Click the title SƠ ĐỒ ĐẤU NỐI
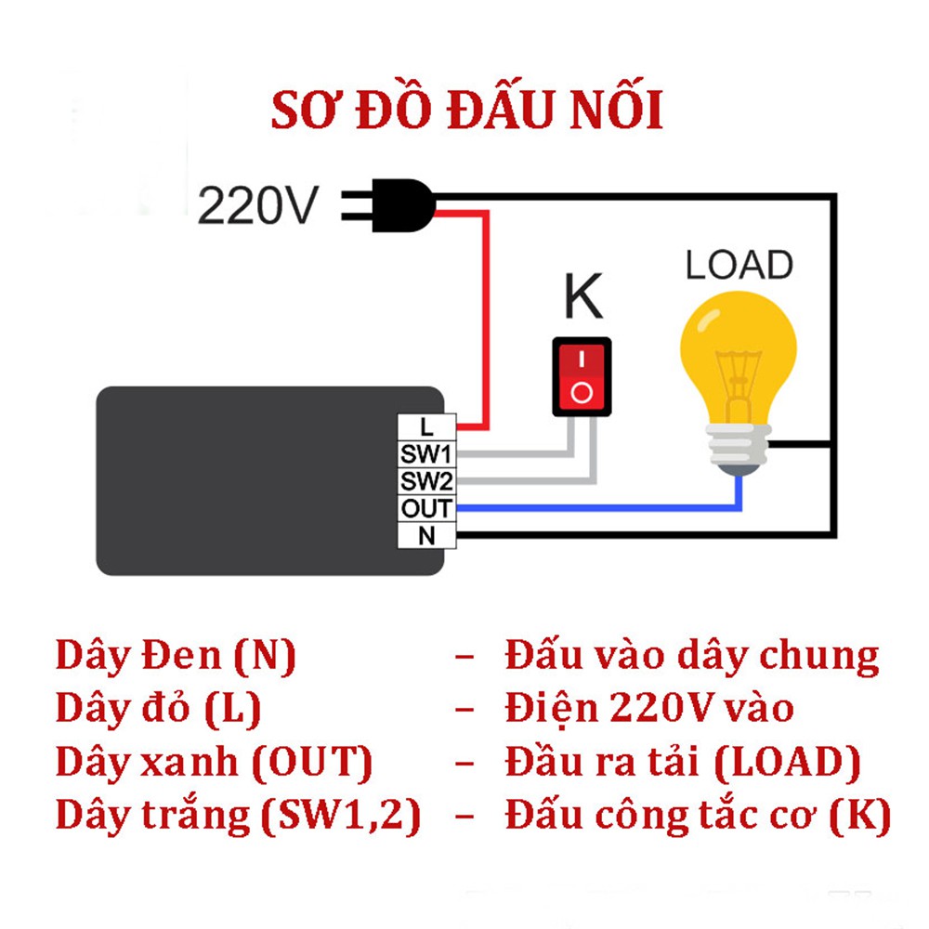tap(466, 110)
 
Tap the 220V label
tap(258, 205)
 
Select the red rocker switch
tap(582, 375)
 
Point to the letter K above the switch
tap(583, 297)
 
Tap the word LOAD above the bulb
tap(739, 266)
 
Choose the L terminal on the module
tap(426, 427)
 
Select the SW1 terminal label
tap(426, 454)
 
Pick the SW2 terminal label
tap(426, 481)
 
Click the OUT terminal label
tap(426, 508)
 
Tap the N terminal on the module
tap(426, 536)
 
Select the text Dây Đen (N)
tap(176, 656)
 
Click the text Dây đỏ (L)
tap(158, 709)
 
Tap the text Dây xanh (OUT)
tap(214, 762)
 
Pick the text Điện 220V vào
tap(649, 709)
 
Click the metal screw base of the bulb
tap(739, 450)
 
